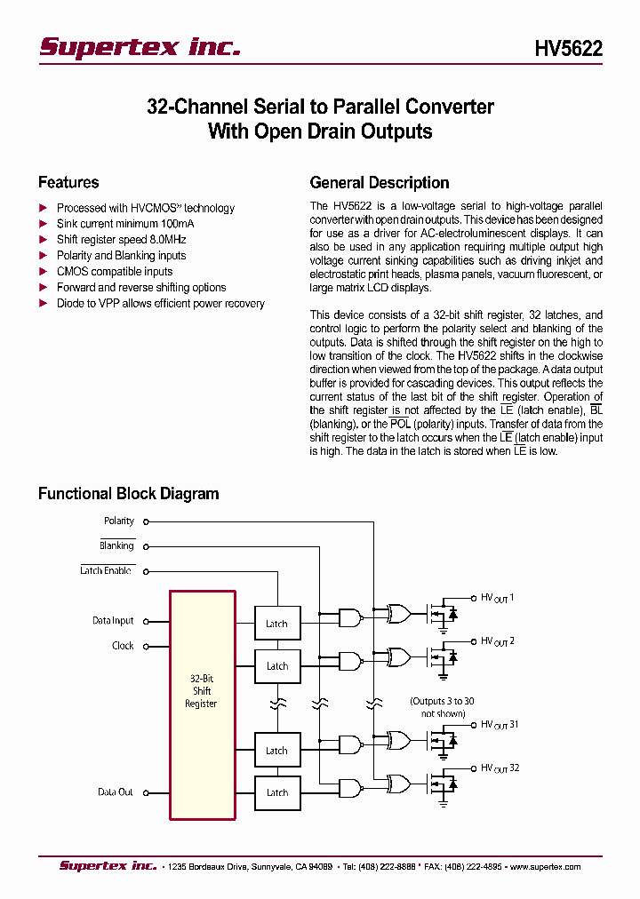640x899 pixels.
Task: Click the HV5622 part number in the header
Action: [x=568, y=50]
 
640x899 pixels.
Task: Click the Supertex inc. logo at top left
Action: [x=140, y=48]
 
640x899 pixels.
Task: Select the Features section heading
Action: [x=68, y=182]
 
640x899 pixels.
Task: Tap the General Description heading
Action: [x=379, y=182]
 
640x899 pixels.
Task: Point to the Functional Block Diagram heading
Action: [x=128, y=493]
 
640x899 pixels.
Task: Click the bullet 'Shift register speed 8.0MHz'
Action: [x=121, y=240]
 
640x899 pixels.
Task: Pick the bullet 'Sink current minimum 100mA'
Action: [x=124, y=224]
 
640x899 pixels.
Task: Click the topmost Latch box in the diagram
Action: [x=277, y=623]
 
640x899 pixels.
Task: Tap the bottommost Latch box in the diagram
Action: [x=277, y=792]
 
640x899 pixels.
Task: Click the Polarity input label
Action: [x=119, y=521]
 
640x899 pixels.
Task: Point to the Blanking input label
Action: [x=116, y=545]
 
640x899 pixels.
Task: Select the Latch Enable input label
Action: [x=107, y=570]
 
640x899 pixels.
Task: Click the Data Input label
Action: [x=113, y=621]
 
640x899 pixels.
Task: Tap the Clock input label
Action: [x=123, y=646]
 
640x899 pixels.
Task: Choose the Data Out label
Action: [x=116, y=792]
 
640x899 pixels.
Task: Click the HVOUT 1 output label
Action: [x=498, y=598]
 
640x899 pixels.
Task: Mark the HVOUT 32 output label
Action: [x=500, y=768]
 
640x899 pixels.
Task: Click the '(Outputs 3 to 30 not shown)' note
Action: [x=442, y=707]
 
